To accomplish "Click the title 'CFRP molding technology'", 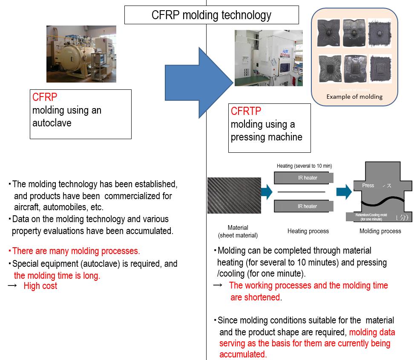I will (x=211, y=15).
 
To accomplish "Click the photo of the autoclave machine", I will (x=81, y=54).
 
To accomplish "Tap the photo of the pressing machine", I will (x=268, y=58).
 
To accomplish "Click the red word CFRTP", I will (x=246, y=111).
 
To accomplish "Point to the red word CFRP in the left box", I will (x=45, y=97).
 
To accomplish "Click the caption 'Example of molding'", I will (x=354, y=97).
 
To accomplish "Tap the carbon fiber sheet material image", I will (x=234, y=195).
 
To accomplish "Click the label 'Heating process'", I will (x=308, y=231).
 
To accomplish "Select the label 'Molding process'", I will (x=380, y=231).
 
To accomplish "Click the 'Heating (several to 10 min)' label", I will (x=304, y=166).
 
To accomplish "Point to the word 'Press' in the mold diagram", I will (x=368, y=186).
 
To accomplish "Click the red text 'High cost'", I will (x=40, y=286).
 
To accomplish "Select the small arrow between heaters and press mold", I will (x=343, y=192).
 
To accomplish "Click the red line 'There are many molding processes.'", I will (x=76, y=251).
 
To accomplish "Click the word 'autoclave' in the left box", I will (x=52, y=123).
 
